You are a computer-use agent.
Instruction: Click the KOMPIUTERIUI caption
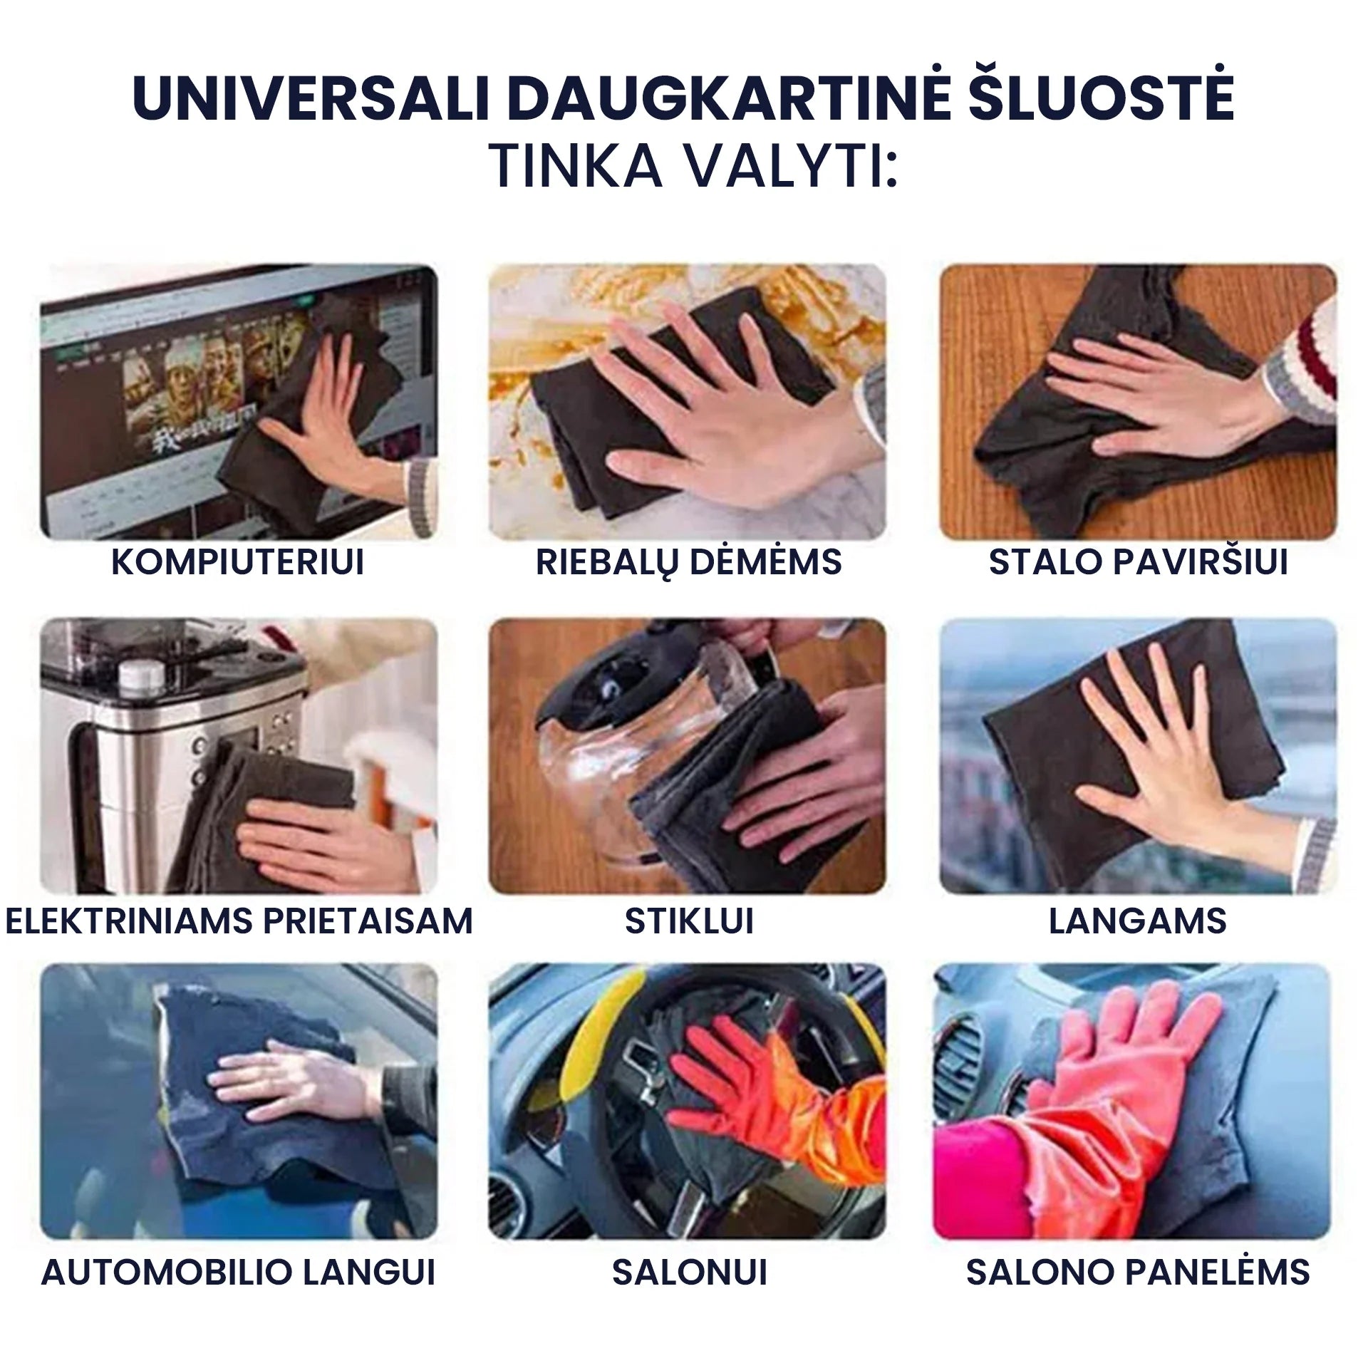(238, 562)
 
